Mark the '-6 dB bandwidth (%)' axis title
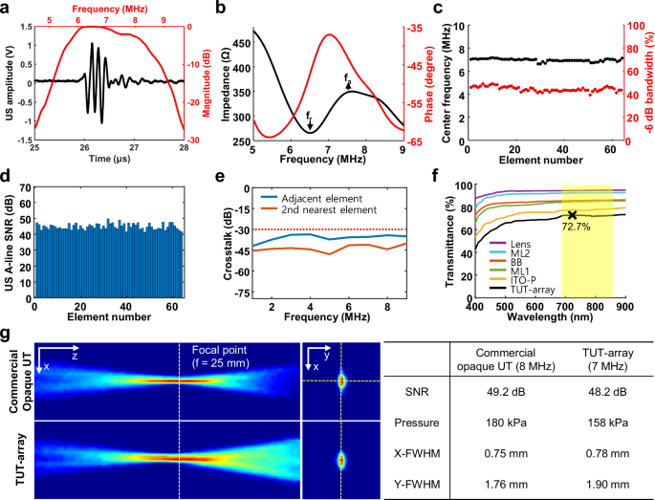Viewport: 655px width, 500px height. (x=646, y=81)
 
